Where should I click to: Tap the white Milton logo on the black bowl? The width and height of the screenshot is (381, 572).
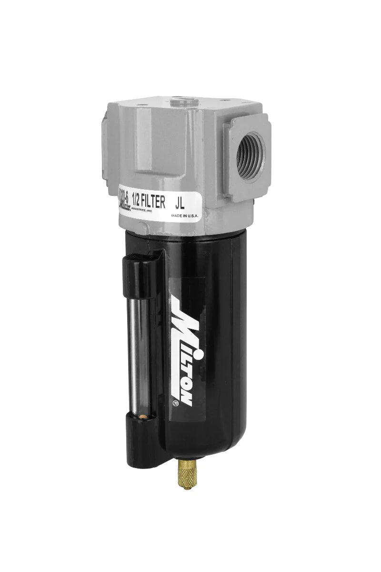(184, 353)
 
